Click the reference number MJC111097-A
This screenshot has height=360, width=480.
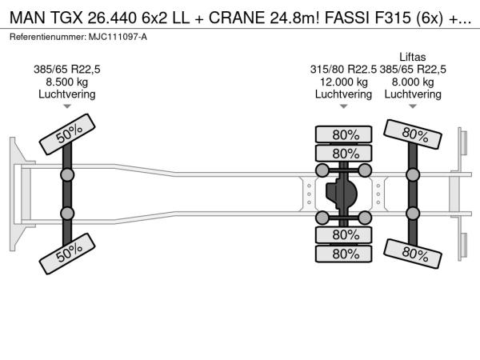point(118,37)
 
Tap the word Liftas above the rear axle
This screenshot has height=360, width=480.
point(413,57)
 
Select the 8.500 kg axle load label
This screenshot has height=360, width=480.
point(66,82)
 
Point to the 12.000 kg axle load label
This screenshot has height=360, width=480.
point(343,82)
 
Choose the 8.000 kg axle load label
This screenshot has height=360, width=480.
point(413,82)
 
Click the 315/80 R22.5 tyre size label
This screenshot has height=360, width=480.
point(343,70)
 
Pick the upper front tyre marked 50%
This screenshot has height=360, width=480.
point(67,134)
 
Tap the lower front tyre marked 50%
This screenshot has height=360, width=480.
point(67,254)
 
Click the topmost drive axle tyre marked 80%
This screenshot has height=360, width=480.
point(344,134)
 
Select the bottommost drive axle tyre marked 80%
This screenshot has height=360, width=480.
point(344,254)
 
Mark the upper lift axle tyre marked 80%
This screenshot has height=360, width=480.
point(413,134)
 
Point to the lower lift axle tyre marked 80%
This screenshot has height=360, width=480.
point(413,254)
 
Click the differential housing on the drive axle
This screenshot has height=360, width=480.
point(342,194)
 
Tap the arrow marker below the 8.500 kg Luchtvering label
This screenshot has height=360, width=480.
point(67,106)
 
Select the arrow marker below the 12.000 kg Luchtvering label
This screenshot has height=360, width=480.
point(343,106)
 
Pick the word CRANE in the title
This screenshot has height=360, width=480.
point(237,18)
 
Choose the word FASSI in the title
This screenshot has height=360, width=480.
point(347,18)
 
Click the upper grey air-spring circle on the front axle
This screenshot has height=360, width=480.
point(67,175)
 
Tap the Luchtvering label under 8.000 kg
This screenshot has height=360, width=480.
point(413,94)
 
